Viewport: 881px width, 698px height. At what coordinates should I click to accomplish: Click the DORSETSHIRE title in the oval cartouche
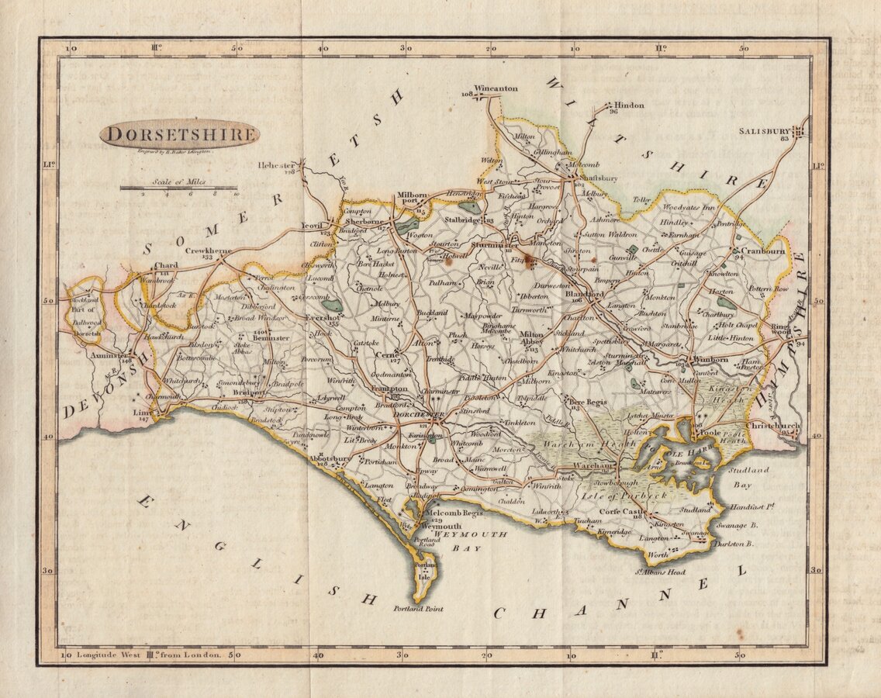pos(180,134)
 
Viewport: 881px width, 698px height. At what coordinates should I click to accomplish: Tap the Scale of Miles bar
pos(178,188)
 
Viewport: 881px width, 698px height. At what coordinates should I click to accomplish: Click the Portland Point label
pos(419,609)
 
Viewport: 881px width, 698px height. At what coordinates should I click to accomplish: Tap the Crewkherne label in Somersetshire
pos(208,251)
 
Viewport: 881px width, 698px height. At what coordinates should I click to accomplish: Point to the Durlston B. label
pos(734,544)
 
